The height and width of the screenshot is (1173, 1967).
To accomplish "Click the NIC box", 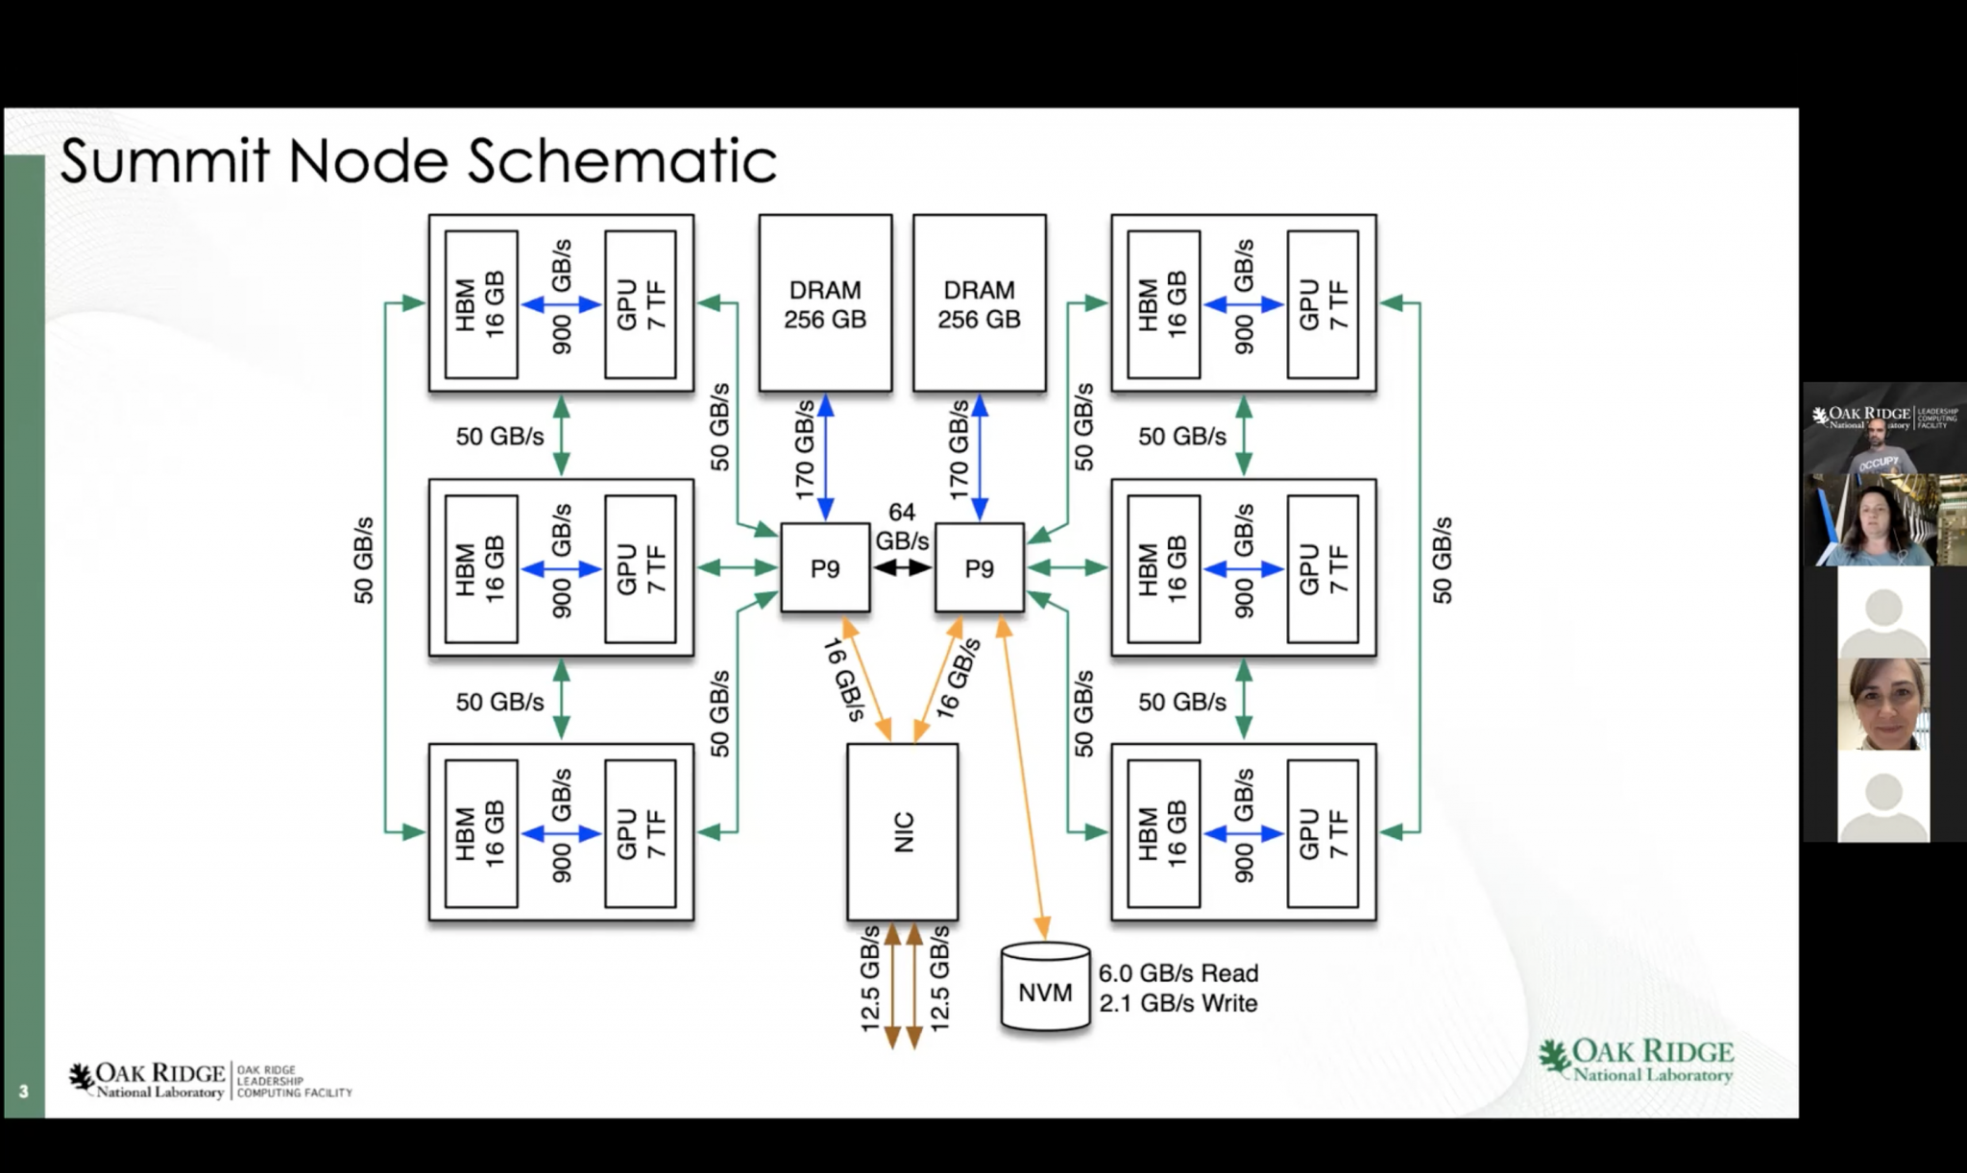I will click(902, 831).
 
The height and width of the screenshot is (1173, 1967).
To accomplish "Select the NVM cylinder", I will click(1045, 989).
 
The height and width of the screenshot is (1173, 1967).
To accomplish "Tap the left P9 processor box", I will click(825, 568).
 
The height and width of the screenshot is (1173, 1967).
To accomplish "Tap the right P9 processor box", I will click(979, 568).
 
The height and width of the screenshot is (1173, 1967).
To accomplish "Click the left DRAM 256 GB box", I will click(825, 303).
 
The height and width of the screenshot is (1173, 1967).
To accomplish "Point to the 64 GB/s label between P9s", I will click(902, 527).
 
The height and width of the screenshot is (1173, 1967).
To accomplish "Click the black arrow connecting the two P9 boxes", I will click(902, 568).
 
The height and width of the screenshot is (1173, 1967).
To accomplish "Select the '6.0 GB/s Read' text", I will click(1178, 973).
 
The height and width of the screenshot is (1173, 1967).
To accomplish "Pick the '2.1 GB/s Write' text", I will click(1178, 1003).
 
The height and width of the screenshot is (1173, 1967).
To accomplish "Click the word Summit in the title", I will click(165, 161).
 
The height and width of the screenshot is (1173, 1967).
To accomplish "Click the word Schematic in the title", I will click(622, 161).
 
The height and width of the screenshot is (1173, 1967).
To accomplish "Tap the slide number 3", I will click(24, 1091).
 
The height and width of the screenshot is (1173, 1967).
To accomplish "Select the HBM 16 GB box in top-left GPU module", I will click(481, 304).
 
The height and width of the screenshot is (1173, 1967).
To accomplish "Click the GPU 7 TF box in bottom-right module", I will click(1323, 833).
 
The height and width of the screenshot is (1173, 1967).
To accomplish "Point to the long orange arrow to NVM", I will click(1023, 778).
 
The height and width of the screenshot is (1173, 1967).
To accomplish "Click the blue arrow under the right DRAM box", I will click(980, 456).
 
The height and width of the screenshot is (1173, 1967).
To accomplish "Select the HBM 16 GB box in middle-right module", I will click(1163, 568).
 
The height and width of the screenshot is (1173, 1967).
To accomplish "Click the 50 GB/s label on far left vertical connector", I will click(363, 561).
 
